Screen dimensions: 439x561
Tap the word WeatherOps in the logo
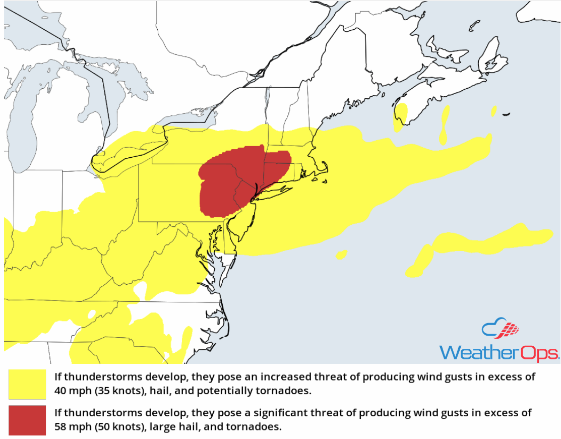point(499,351)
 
